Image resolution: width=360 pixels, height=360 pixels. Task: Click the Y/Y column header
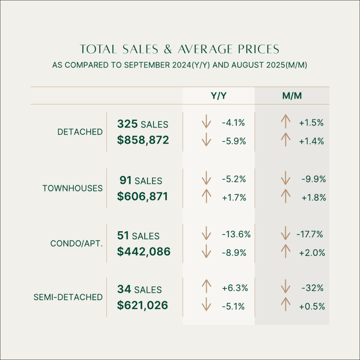click(x=218, y=96)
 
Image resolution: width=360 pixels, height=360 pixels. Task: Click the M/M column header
click(x=291, y=96)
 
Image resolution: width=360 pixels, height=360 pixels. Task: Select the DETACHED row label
click(x=80, y=132)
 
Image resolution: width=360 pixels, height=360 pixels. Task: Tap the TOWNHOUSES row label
click(x=73, y=188)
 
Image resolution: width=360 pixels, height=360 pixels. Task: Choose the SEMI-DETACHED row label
click(x=68, y=297)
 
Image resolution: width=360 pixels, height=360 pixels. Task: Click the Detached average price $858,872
click(x=143, y=140)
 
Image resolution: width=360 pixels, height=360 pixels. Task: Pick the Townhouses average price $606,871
click(x=142, y=197)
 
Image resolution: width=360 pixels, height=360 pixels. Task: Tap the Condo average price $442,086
click(x=143, y=251)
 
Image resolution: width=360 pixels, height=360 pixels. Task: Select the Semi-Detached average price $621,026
click(x=142, y=306)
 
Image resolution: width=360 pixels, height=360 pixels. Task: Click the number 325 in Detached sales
click(x=128, y=124)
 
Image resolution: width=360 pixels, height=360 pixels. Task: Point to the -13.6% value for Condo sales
click(x=236, y=234)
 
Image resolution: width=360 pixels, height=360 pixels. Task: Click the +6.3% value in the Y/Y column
click(x=235, y=288)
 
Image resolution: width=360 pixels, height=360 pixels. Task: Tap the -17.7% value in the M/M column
click(x=309, y=234)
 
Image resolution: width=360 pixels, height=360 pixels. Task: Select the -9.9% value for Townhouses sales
click(x=314, y=179)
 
